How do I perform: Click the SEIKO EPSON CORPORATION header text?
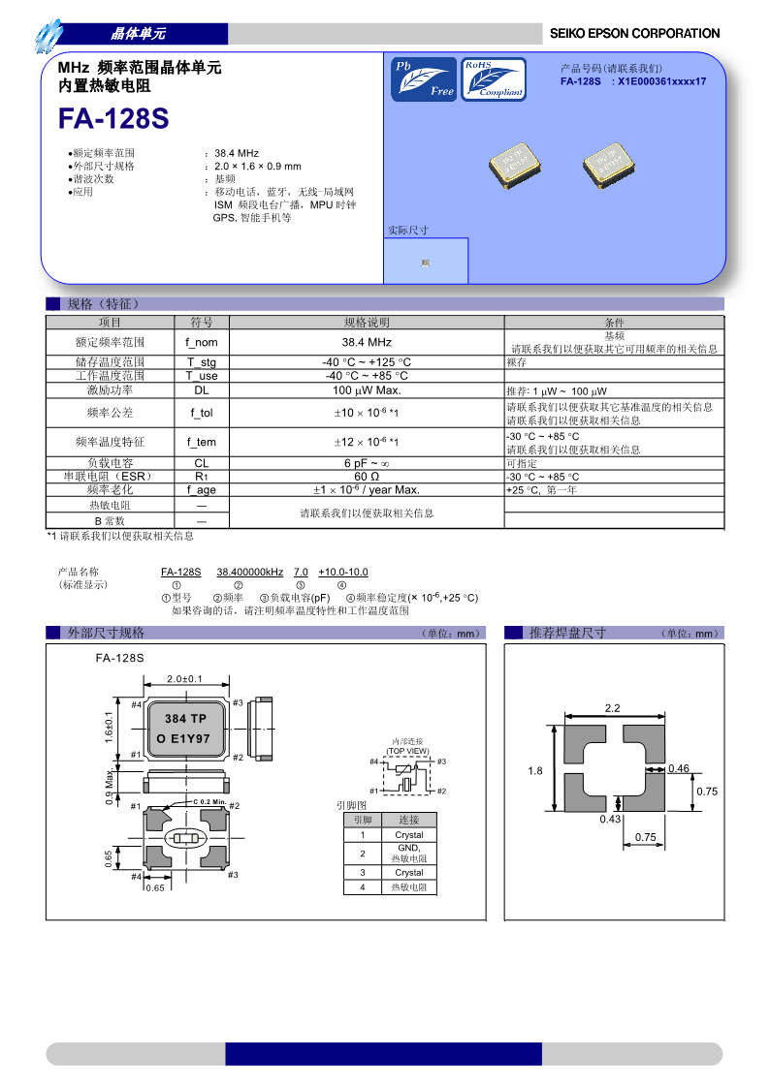tap(634, 33)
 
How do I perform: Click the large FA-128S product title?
tap(113, 118)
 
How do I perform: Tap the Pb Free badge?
tap(423, 79)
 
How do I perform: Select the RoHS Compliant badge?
tap(494, 79)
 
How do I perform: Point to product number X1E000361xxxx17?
tap(662, 81)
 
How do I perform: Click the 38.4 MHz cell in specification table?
tap(367, 342)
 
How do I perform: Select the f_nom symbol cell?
tap(202, 342)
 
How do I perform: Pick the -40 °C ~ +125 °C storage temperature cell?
tap(367, 362)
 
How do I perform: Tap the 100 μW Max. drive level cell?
tap(367, 390)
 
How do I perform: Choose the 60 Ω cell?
tap(367, 477)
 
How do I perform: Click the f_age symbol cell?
tap(202, 490)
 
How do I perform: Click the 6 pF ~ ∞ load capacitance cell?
tap(367, 463)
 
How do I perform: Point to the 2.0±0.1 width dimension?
tap(184, 678)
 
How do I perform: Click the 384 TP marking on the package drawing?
tap(185, 719)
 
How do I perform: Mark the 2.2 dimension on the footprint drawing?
tap(612, 708)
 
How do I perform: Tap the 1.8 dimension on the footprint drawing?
tap(535, 771)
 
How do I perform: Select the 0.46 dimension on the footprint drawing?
tap(679, 768)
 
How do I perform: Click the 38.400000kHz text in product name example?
tap(249, 573)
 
